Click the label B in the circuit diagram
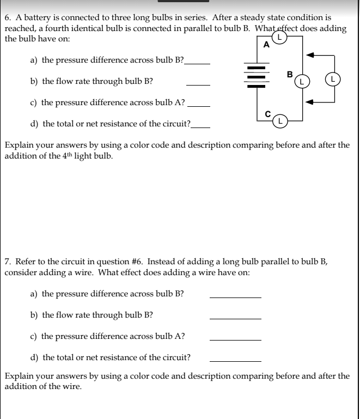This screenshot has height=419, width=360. click(290, 74)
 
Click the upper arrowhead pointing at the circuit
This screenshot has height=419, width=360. click(309, 55)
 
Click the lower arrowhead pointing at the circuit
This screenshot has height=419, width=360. click(309, 101)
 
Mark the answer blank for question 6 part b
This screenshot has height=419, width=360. click(198, 85)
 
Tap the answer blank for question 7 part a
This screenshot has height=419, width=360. click(235, 297)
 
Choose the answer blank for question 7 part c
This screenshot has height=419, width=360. click(235, 339)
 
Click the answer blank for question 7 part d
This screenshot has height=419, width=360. click(235, 361)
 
